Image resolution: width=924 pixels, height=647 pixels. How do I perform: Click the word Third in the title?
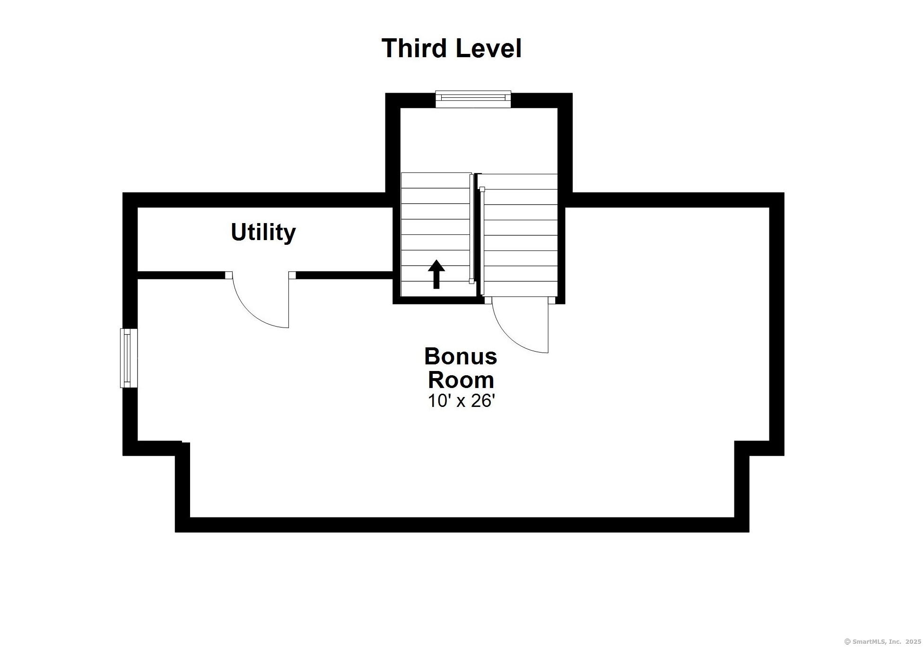(414, 48)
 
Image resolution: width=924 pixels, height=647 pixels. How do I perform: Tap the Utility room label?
(263, 233)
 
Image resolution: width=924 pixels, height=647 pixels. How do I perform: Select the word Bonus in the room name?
(461, 356)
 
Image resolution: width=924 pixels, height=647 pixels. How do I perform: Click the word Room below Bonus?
(461, 380)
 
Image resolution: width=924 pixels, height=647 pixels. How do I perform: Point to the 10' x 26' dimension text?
(461, 401)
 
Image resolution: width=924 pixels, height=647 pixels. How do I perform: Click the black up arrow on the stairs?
(436, 274)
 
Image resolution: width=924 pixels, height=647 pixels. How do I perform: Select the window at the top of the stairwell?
(473, 98)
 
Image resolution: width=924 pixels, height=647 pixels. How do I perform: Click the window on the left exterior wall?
(128, 358)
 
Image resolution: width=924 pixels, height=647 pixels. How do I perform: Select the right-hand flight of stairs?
(520, 235)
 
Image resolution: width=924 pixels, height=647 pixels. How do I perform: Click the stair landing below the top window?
(479, 140)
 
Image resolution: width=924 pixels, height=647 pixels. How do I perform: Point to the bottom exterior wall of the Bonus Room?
(462, 525)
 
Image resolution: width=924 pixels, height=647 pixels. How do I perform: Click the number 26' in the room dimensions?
(483, 401)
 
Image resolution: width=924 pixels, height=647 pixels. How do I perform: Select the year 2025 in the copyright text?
(913, 641)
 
